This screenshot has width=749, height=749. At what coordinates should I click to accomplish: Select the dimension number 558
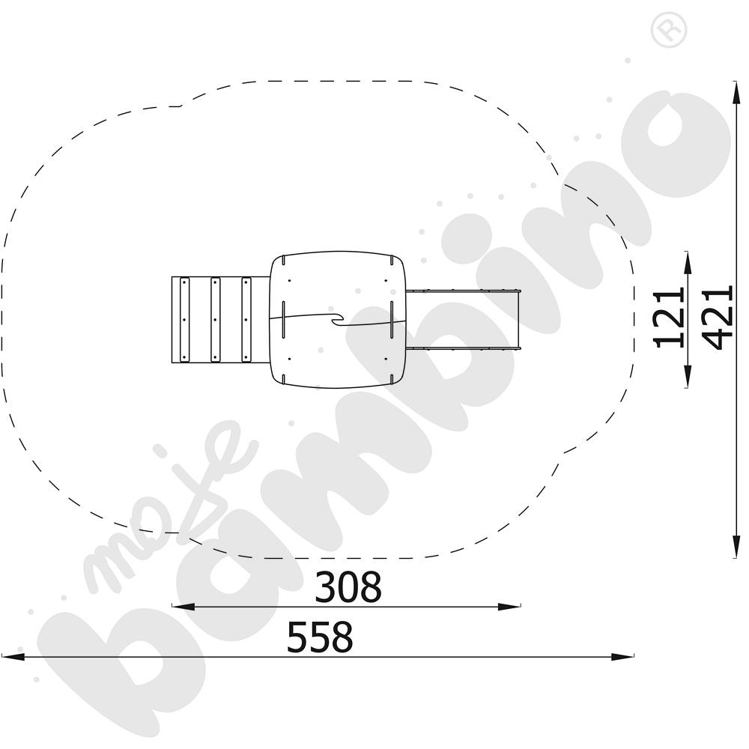320,638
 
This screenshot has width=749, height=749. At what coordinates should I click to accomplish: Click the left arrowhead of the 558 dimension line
11,657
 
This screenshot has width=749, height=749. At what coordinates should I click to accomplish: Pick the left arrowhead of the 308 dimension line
182,606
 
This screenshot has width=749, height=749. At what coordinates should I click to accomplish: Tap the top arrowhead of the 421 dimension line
733,90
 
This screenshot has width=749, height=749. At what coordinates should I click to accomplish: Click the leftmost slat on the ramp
184,320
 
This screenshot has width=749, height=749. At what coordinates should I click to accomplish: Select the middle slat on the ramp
215,320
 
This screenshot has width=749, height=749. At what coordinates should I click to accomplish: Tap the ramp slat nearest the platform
245,320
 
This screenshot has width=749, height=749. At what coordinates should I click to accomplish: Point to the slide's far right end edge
519,320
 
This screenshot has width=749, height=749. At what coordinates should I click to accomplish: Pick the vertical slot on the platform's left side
285,320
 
